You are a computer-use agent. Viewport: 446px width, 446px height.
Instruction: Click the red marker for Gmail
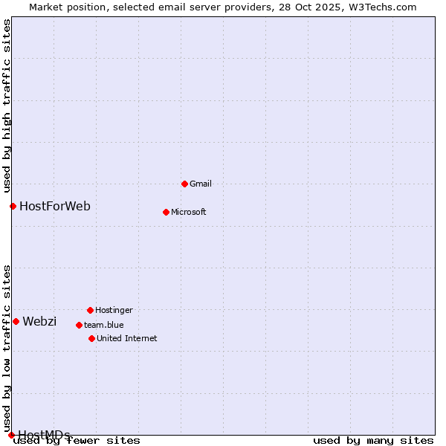click(x=184, y=184)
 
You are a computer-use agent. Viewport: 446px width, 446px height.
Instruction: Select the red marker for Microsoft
click(x=166, y=212)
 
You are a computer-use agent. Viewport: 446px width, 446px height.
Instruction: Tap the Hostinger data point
click(x=90, y=310)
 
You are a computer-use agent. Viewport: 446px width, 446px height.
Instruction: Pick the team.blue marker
click(x=79, y=325)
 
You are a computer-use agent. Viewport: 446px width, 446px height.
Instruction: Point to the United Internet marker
click(x=91, y=338)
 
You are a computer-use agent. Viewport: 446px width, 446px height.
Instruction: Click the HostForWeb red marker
click(x=13, y=206)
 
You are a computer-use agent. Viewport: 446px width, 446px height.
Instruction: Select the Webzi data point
click(x=16, y=321)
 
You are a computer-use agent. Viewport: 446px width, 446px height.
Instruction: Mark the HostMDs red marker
click(x=11, y=435)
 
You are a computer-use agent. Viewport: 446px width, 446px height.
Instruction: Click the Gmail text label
click(x=201, y=184)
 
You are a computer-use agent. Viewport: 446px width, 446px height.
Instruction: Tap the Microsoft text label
click(x=188, y=212)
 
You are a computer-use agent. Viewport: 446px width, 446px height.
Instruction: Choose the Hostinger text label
click(x=114, y=310)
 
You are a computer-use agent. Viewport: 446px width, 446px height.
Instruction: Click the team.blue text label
click(x=103, y=325)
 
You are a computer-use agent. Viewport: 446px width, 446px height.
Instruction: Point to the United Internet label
click(x=126, y=338)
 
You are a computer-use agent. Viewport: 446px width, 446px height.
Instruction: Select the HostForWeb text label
click(x=54, y=206)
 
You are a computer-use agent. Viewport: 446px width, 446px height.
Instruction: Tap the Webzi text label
click(x=39, y=321)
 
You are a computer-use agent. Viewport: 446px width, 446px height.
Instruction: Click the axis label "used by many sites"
click(x=373, y=440)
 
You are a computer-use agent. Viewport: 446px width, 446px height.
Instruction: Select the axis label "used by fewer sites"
click(x=77, y=440)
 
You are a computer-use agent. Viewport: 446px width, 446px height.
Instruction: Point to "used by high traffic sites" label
click(x=7, y=105)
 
